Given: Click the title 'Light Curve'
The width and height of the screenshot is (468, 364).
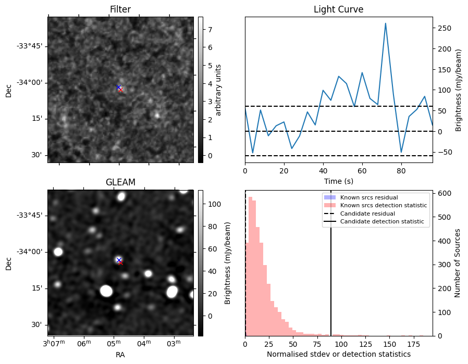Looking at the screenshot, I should point(338,9).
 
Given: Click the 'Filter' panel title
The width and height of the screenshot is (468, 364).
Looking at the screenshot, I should point(120,9).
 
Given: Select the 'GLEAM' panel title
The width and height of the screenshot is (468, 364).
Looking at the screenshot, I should point(120,182).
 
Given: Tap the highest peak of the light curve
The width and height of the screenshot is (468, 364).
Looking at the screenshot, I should point(385,23).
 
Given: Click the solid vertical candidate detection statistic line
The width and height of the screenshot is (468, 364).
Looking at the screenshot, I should point(331,271).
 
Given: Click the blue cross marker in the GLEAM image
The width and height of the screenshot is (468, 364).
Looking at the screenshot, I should point(119,260).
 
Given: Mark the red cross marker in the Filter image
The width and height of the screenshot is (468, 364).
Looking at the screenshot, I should point(120,90).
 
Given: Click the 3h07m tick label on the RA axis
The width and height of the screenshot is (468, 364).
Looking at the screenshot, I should point(54,343).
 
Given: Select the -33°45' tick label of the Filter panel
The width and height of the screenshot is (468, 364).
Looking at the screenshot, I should point(29,46).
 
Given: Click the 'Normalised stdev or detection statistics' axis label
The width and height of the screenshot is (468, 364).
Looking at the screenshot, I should point(338,354).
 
